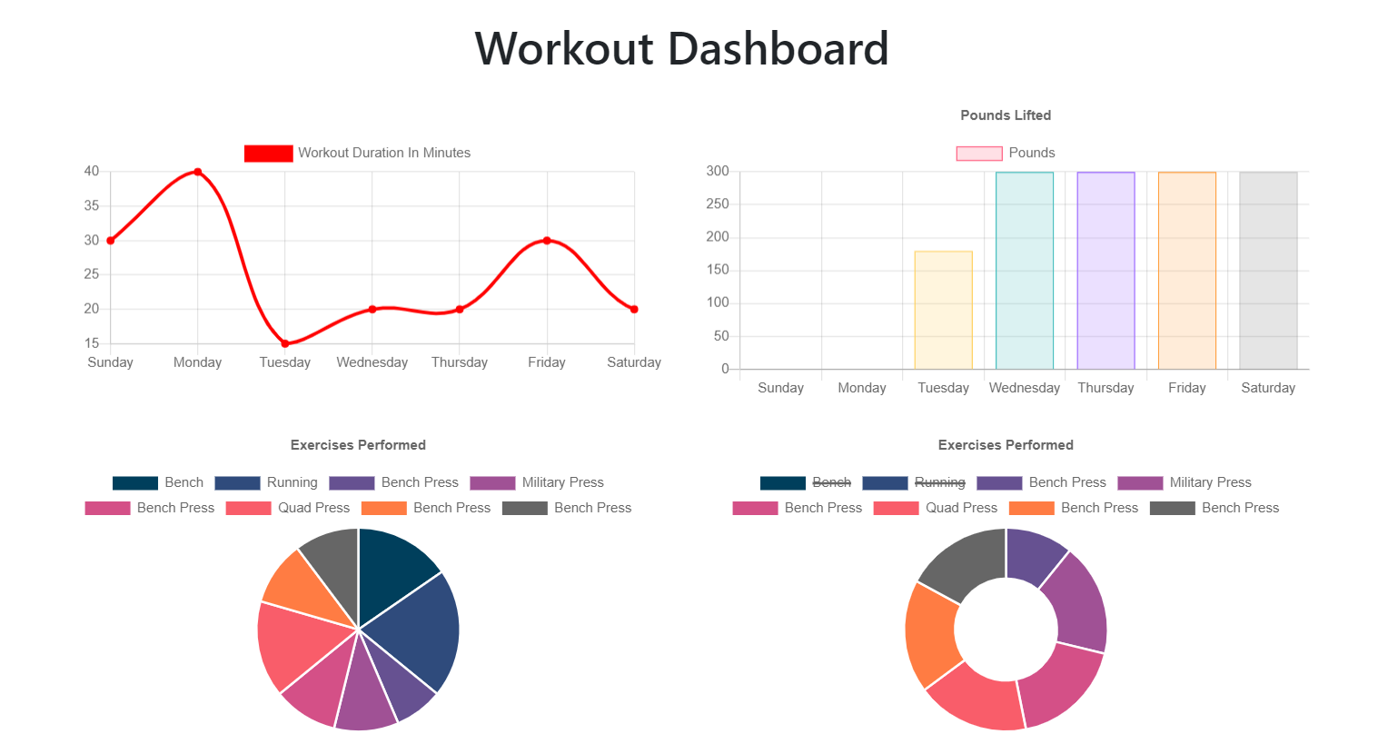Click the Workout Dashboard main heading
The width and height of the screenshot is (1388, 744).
[x=681, y=49]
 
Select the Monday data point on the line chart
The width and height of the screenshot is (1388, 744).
[x=197, y=172]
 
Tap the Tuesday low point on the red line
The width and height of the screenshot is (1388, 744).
[x=285, y=343]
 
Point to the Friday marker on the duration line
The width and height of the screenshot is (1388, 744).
[x=547, y=241]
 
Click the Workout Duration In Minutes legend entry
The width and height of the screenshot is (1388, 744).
[x=358, y=153]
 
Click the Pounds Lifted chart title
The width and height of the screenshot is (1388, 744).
[x=1006, y=115]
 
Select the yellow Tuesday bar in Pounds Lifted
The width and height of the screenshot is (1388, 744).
[x=943, y=310]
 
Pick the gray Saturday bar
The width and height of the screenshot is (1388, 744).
[x=1268, y=271]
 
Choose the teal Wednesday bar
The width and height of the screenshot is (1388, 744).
[x=1024, y=271]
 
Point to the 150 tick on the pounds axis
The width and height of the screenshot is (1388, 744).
[x=718, y=270]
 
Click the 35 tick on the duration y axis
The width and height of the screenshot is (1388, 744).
[x=92, y=206]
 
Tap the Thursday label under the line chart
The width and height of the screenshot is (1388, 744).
[x=459, y=362]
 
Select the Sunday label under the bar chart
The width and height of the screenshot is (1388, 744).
[x=780, y=388]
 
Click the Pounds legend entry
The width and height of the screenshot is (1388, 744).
[x=1006, y=153]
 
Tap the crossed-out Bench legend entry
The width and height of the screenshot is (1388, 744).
[x=806, y=482]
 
